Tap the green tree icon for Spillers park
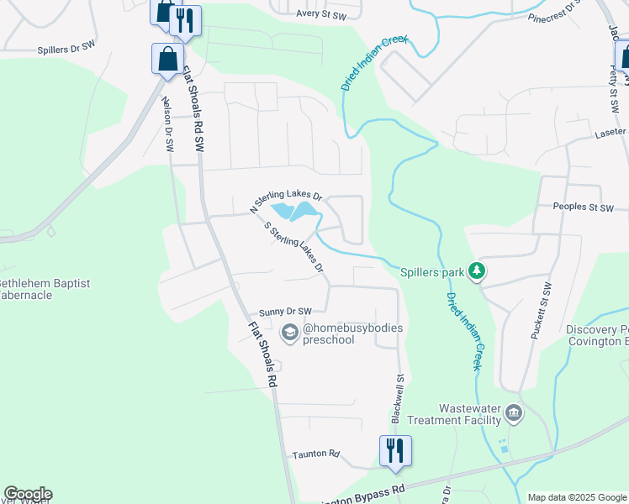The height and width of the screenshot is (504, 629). click(478, 271)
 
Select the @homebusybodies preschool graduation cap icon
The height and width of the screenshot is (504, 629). click(290, 333)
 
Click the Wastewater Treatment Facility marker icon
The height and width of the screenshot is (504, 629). click(514, 413)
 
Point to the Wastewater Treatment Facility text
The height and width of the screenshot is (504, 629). click(454, 413)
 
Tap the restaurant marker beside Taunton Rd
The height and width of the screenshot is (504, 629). click(394, 449)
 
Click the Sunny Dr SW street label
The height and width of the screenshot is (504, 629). click(286, 311)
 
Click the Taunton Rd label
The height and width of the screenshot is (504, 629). click(315, 454)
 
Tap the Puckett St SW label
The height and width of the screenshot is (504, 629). click(540, 311)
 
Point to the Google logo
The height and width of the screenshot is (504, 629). click(28, 494)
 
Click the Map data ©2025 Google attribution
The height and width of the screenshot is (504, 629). click(576, 497)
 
